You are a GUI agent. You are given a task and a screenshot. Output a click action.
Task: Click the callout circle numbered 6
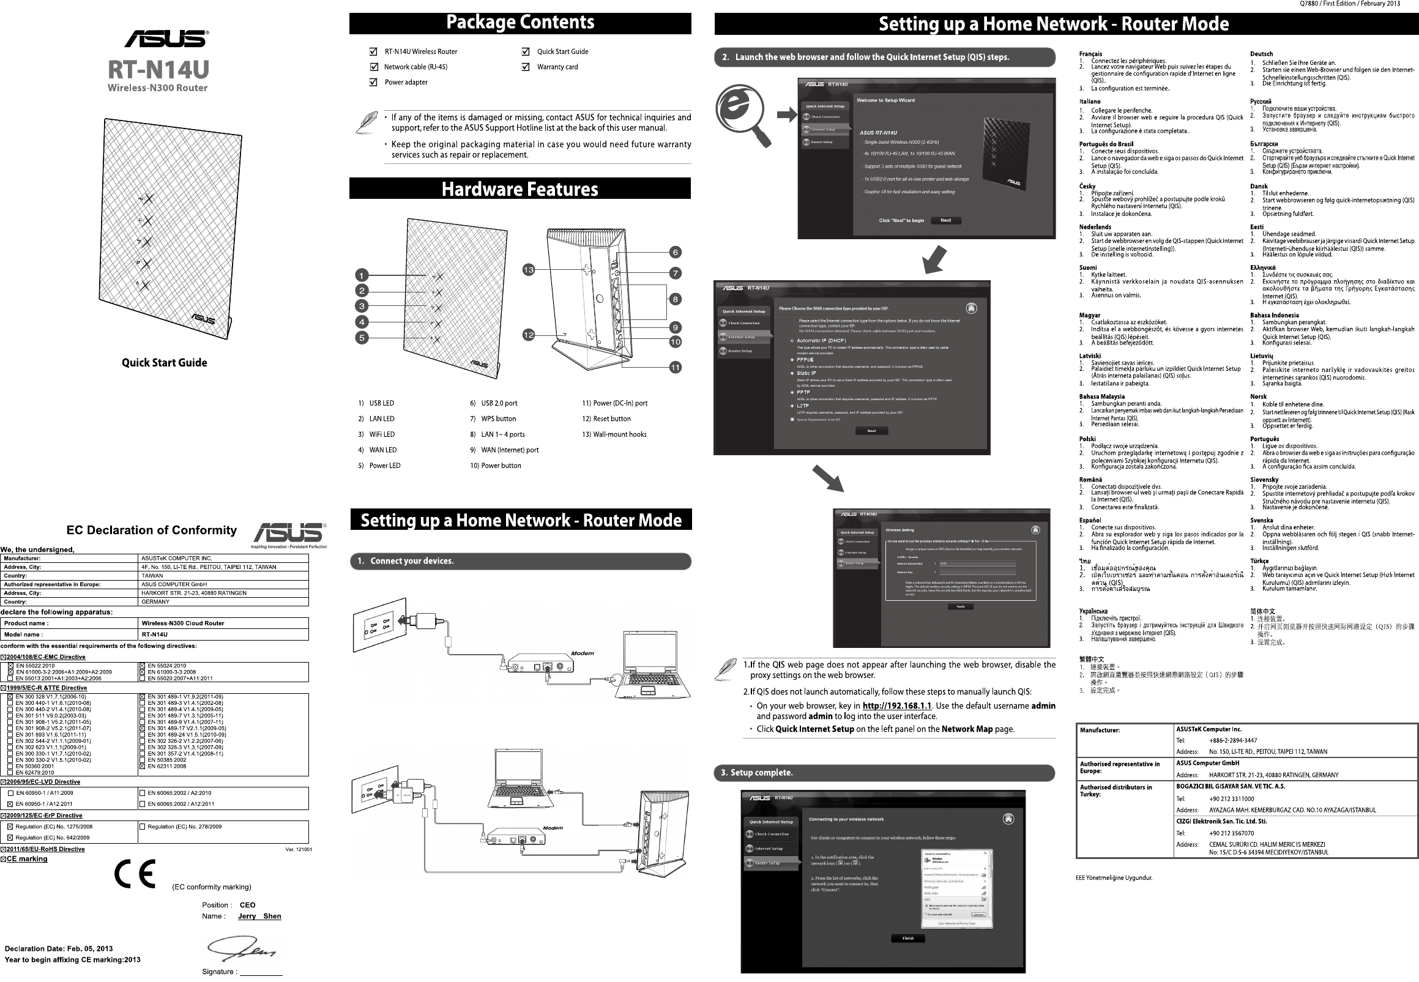[675, 252]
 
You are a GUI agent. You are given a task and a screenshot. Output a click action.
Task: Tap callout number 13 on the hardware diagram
[529, 269]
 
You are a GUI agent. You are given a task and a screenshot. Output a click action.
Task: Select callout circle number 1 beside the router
[362, 275]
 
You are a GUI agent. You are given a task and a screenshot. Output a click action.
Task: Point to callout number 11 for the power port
[675, 367]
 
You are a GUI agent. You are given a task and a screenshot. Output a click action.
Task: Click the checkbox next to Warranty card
[526, 67]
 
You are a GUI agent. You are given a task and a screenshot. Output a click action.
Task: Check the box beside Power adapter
[373, 83]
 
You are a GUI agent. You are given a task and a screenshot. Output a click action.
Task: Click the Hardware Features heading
[520, 189]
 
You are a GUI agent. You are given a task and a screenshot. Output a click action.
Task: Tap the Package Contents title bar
[520, 23]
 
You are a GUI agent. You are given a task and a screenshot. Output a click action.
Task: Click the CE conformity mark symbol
[135, 874]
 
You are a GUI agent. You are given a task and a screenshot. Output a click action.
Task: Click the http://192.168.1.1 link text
[896, 705]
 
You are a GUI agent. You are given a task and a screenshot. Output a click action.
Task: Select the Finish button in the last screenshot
[907, 939]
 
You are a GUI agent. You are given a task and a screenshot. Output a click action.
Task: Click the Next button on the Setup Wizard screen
[946, 220]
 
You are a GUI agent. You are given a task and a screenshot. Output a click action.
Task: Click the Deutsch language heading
[1261, 54]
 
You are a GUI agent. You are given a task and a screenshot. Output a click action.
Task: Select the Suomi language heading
[1088, 267]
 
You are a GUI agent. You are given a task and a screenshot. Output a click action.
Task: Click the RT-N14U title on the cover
[158, 69]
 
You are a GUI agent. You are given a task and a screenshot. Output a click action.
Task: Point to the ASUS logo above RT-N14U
[166, 39]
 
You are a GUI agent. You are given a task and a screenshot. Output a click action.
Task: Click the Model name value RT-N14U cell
[154, 634]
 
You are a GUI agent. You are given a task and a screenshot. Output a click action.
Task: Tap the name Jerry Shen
[259, 916]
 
